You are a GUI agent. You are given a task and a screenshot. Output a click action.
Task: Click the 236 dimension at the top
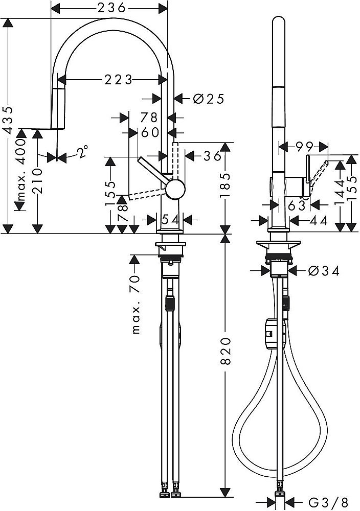110,8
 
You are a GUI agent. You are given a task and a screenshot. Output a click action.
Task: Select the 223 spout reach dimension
118,79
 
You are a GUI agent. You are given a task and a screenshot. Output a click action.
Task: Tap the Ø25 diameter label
209,99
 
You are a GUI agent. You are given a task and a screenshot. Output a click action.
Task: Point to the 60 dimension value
150,132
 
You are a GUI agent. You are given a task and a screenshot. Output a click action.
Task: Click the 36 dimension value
211,156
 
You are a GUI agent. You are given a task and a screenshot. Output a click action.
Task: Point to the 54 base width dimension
169,219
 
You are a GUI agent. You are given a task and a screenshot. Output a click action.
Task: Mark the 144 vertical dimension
339,192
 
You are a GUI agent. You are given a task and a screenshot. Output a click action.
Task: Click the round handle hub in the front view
175,189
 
